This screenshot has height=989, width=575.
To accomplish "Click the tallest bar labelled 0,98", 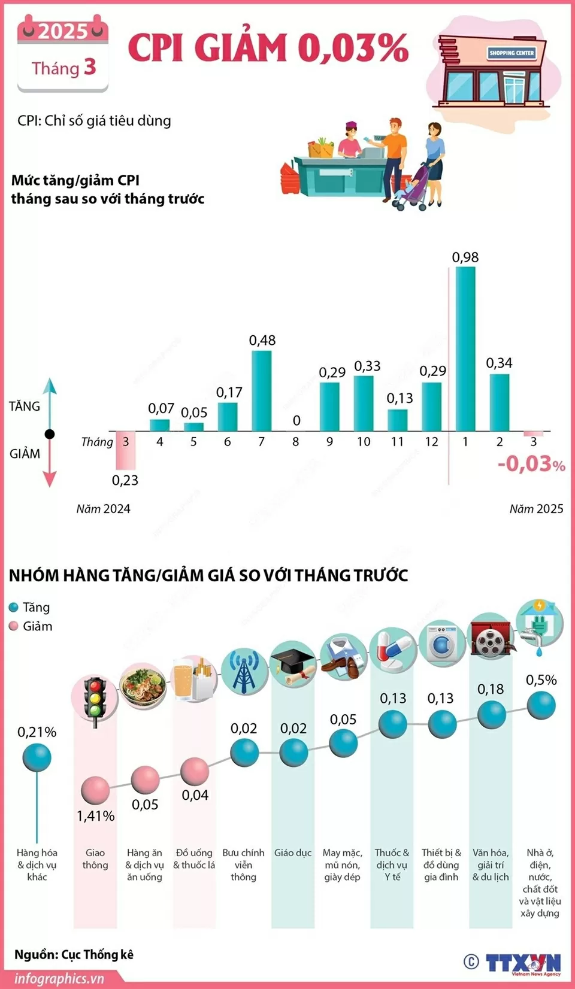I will click(465, 348).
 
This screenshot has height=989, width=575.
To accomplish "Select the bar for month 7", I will click(262, 390).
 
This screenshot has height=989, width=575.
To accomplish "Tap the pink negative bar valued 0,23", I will click(125, 450).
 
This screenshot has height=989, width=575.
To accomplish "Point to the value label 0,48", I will click(262, 341).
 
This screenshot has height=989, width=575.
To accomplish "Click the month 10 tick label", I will click(364, 442).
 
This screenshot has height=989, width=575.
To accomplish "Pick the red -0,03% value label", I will click(531, 464).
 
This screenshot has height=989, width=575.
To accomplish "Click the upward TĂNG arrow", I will click(50, 401).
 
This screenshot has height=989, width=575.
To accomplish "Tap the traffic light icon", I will click(95, 700).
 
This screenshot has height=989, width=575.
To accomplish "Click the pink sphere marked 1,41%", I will click(95, 790).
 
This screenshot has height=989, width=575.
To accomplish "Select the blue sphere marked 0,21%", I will click(37, 758).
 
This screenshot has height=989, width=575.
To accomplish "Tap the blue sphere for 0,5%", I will click(541, 705).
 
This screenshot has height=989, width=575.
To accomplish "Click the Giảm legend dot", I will click(14, 626).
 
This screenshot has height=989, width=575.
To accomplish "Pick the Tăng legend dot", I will click(14, 607).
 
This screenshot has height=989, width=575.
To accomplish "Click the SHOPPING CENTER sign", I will click(511, 53).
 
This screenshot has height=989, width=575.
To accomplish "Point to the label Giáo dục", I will click(293, 853).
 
